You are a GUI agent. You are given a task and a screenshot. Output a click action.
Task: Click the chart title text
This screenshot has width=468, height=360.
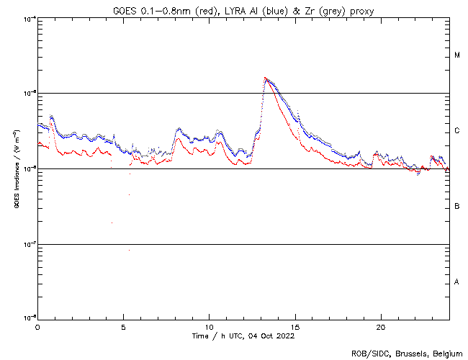click(243, 9)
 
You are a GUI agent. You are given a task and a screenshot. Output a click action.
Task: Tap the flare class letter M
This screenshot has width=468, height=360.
click(457, 55)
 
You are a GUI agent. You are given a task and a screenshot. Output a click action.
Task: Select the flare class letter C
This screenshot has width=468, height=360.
click(457, 131)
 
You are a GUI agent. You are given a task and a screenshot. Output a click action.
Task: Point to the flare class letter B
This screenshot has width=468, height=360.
click(457, 207)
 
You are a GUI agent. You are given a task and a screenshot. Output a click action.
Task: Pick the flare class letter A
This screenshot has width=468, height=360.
click(457, 282)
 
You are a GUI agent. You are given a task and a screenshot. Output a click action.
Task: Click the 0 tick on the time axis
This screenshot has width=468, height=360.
click(37, 327)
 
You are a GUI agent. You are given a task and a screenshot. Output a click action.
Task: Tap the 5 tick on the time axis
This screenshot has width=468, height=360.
click(123, 327)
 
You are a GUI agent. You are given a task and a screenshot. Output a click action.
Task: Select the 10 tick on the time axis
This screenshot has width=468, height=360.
click(209, 327)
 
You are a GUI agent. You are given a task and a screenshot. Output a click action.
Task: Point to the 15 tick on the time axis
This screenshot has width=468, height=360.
click(294, 327)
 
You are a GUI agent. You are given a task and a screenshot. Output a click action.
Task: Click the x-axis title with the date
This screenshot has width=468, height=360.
click(243, 336)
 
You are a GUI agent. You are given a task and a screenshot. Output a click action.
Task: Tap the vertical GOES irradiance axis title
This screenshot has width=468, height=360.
click(16, 168)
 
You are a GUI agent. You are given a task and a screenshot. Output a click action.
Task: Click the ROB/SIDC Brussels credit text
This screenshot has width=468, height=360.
click(407, 353)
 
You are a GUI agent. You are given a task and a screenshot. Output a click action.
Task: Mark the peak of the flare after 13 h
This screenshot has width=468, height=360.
click(266, 78)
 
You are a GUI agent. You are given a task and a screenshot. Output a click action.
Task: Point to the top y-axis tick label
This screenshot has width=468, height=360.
click(29, 18)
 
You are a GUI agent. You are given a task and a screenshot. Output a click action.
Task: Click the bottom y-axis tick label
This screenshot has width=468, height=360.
click(29, 319)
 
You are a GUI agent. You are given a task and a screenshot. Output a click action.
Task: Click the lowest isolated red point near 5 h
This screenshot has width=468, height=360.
click(129, 250)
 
